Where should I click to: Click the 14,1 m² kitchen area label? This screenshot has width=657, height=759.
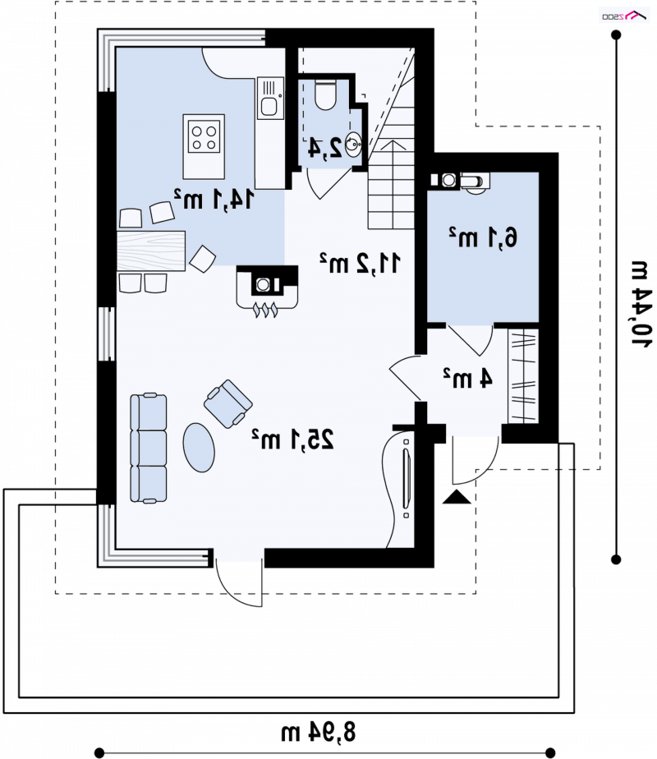214,199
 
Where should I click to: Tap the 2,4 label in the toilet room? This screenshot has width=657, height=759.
325,148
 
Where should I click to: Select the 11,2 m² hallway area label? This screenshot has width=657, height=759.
360,263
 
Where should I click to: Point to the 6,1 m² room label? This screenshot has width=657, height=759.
483,237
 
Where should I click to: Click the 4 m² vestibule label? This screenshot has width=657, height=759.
468,378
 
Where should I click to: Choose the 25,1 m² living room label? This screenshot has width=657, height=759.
292,439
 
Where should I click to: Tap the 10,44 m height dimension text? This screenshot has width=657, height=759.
641,303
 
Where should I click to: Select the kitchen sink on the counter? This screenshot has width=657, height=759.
269,99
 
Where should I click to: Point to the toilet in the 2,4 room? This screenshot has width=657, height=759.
325,94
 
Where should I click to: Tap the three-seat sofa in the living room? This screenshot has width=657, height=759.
149,448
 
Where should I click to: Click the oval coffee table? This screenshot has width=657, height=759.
199,447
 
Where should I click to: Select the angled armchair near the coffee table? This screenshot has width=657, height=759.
227,403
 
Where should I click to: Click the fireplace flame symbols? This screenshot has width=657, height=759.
265,310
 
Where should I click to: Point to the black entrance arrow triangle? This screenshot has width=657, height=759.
457,497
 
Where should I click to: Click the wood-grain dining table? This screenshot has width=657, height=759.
151,251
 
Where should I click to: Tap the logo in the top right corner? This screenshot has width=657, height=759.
624,16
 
